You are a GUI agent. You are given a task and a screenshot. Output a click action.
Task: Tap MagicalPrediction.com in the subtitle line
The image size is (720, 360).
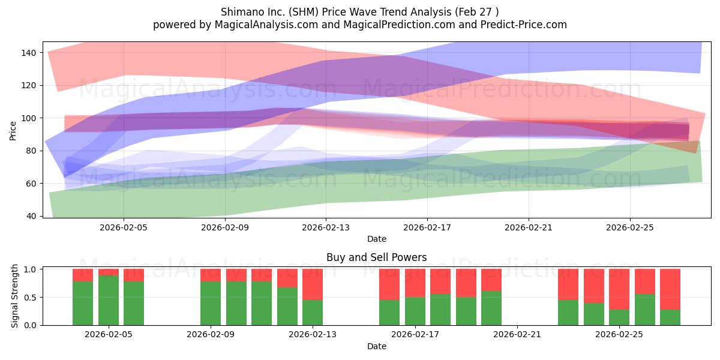tap(399, 25)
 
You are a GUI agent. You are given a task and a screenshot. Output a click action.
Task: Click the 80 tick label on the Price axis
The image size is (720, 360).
tap(31, 151)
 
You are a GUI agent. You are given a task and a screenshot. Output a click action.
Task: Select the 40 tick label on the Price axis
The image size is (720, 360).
tap(31, 217)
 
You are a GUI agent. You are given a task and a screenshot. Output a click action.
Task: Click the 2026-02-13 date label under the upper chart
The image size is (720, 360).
tap(326, 227)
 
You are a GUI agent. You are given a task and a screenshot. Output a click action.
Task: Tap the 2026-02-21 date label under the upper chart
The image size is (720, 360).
tap(529, 227)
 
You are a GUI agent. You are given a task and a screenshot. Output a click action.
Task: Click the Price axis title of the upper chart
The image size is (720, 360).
tap(13, 131)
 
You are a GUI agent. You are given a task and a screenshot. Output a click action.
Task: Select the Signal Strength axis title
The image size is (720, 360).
tap(14, 296)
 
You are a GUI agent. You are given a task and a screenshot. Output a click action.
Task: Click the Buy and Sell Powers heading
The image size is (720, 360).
tap(377, 257)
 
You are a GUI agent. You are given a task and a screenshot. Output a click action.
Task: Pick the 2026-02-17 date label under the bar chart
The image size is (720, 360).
tap(415, 335)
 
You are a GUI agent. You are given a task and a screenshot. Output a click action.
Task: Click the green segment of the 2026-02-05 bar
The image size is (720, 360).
tap(109, 300)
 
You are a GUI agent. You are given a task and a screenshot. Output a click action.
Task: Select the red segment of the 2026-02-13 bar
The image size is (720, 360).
tap(313, 284)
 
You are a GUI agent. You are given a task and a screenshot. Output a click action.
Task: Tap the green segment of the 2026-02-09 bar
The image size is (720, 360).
tap(211, 304)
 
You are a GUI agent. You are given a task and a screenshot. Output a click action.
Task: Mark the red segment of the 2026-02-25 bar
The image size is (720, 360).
tap(619, 289)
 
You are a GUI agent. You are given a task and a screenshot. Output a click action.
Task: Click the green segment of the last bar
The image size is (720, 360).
tap(670, 317)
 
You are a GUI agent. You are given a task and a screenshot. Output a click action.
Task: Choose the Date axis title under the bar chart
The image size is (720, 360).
tap(377, 347)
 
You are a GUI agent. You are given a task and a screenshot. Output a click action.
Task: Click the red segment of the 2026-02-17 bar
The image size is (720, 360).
tap(415, 283)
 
